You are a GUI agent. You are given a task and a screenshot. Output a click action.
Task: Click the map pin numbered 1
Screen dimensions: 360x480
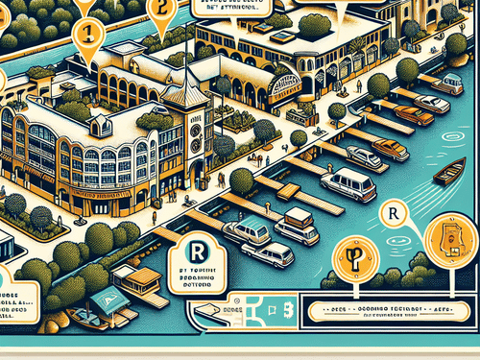click(87, 30)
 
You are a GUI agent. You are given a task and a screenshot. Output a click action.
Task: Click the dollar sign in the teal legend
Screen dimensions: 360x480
click(287, 308)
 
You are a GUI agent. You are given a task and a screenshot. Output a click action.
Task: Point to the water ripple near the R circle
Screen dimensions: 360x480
click(404, 240)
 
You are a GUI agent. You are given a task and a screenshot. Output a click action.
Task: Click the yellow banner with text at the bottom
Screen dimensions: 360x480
click(388, 312)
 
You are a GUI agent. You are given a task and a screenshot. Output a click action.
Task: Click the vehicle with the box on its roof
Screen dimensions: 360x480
click(297, 226)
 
